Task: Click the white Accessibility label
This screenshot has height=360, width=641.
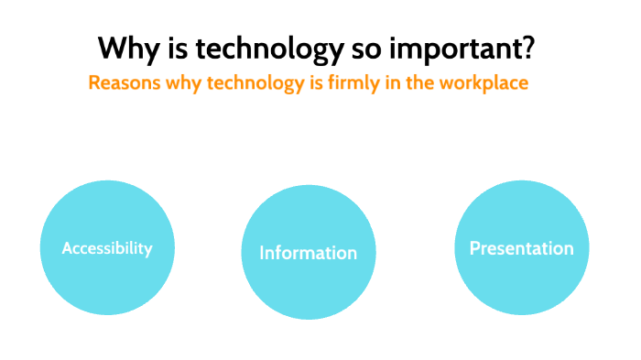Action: click(x=107, y=248)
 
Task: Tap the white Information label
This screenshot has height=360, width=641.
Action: click(x=308, y=253)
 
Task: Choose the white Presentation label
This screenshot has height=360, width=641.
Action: click(x=522, y=248)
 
